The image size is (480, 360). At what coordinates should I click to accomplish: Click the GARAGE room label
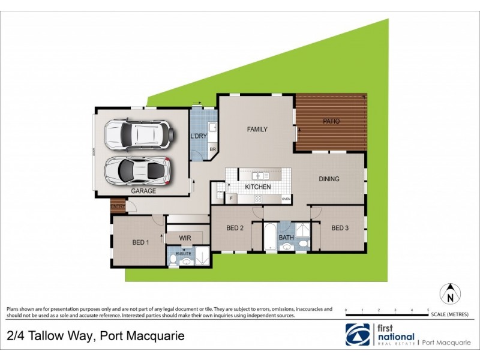(143, 191)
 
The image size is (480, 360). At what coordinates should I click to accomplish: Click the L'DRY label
(199, 136)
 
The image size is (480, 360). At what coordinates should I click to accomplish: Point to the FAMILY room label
(257, 129)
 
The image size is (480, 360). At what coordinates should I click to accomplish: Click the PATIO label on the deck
(331, 121)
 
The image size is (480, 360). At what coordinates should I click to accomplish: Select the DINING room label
(329, 179)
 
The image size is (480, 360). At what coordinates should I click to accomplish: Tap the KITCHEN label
(257, 187)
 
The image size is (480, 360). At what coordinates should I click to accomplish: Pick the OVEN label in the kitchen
(286, 198)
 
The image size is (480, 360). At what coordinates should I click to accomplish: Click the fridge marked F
(230, 197)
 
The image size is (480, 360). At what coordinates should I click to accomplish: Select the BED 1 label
(140, 242)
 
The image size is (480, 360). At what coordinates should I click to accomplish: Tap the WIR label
(185, 238)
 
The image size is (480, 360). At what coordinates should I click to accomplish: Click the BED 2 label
(235, 228)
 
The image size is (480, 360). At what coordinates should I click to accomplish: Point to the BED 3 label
(340, 228)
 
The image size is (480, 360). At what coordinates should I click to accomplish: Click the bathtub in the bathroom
(270, 236)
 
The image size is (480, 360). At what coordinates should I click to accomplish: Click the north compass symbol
(449, 294)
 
